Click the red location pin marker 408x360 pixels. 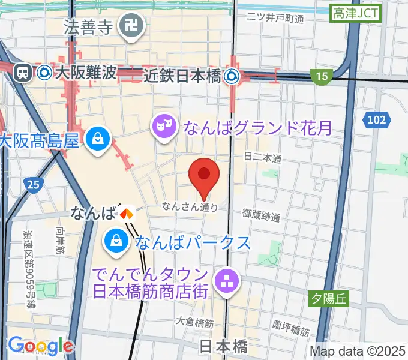pos(204,175)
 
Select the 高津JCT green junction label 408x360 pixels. pos(356,13)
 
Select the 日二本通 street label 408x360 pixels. pos(263,158)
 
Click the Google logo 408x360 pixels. pos(40,346)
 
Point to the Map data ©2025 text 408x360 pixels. pos(358,351)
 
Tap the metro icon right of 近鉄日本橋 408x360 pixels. pos(232,76)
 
